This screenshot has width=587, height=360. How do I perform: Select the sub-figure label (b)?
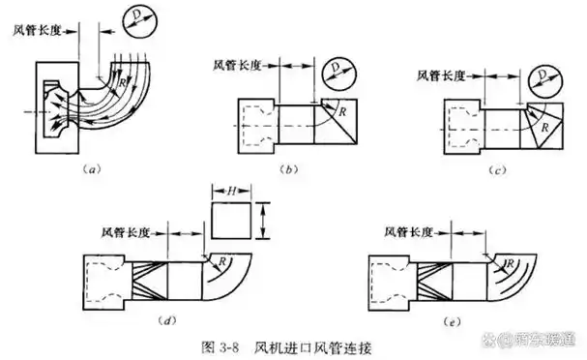point(288,169)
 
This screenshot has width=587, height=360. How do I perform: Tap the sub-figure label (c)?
point(498,169)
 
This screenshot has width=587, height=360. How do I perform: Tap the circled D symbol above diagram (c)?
point(549,78)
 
